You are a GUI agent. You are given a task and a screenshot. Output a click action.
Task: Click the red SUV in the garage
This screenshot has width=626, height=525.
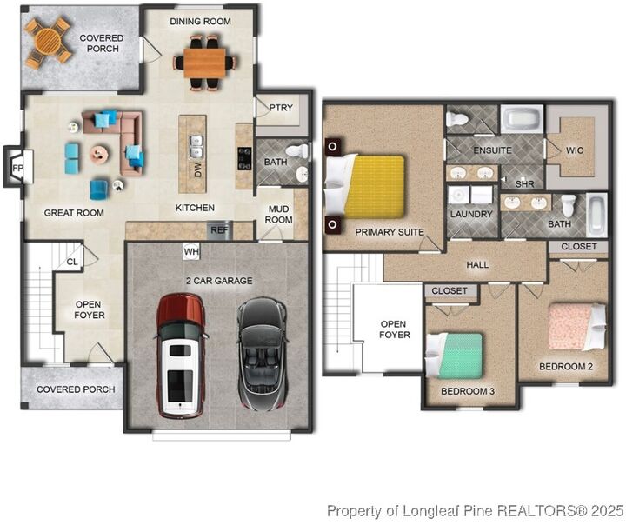point(182,356)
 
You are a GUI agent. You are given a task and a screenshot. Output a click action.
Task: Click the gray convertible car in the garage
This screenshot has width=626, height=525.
point(263,354)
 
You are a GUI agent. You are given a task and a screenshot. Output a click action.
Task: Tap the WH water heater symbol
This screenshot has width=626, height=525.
point(190,251)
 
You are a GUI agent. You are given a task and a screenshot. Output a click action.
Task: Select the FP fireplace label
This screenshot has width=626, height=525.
point(17,168)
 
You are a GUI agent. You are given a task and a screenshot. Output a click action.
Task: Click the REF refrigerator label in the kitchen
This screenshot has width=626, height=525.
point(219,230)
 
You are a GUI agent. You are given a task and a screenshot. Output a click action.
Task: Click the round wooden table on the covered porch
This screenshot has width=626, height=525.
point(47,42)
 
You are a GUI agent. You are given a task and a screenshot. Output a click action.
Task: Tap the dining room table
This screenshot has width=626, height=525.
point(204,63)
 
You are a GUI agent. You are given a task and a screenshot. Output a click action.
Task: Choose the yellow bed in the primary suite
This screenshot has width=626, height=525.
point(374,187)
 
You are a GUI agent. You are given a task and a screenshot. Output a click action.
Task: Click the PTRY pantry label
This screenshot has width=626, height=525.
point(281,108)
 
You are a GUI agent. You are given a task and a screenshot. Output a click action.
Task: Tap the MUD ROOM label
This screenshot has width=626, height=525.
point(278,215)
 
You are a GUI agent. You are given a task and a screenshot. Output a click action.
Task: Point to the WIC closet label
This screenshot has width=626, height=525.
point(575,150)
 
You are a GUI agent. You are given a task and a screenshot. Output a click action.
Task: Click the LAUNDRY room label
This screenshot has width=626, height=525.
point(471,214)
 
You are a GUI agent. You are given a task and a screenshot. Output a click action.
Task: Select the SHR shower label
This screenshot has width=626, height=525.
point(524,184)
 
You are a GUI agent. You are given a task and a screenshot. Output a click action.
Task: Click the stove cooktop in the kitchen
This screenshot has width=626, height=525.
point(244,158)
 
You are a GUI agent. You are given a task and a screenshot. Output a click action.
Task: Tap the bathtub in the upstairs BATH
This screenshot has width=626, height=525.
point(596,215)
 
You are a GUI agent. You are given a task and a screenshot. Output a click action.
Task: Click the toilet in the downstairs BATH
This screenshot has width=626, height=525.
point(297,151)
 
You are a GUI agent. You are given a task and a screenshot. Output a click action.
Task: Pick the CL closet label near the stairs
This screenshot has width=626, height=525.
point(72,262)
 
